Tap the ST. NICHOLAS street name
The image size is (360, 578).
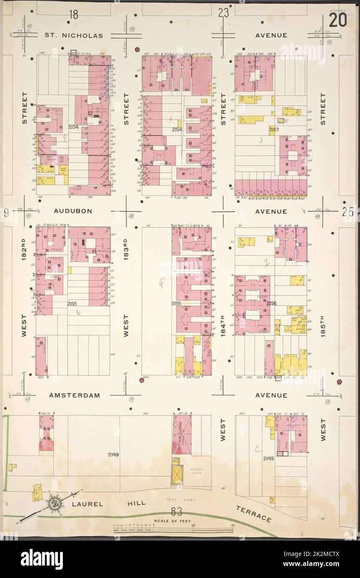(74, 36)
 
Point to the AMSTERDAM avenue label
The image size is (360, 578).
(74, 395)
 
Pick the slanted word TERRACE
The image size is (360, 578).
(253, 514)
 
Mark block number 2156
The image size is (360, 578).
(271, 304)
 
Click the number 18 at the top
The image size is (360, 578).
(74, 15)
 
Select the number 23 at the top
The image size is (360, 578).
(223, 13)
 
